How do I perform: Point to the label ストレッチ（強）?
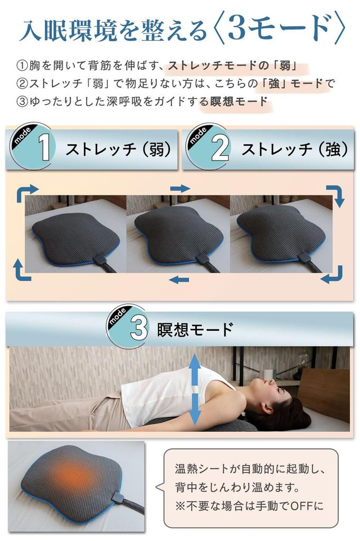point(295,150)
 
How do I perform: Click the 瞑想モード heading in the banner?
point(195,329)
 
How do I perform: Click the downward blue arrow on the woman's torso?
point(195,409)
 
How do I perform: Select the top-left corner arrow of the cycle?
point(27,193)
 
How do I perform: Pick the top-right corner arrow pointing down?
point(335,195)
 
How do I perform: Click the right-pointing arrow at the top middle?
point(180,189)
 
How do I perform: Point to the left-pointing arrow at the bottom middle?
point(180,279)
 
